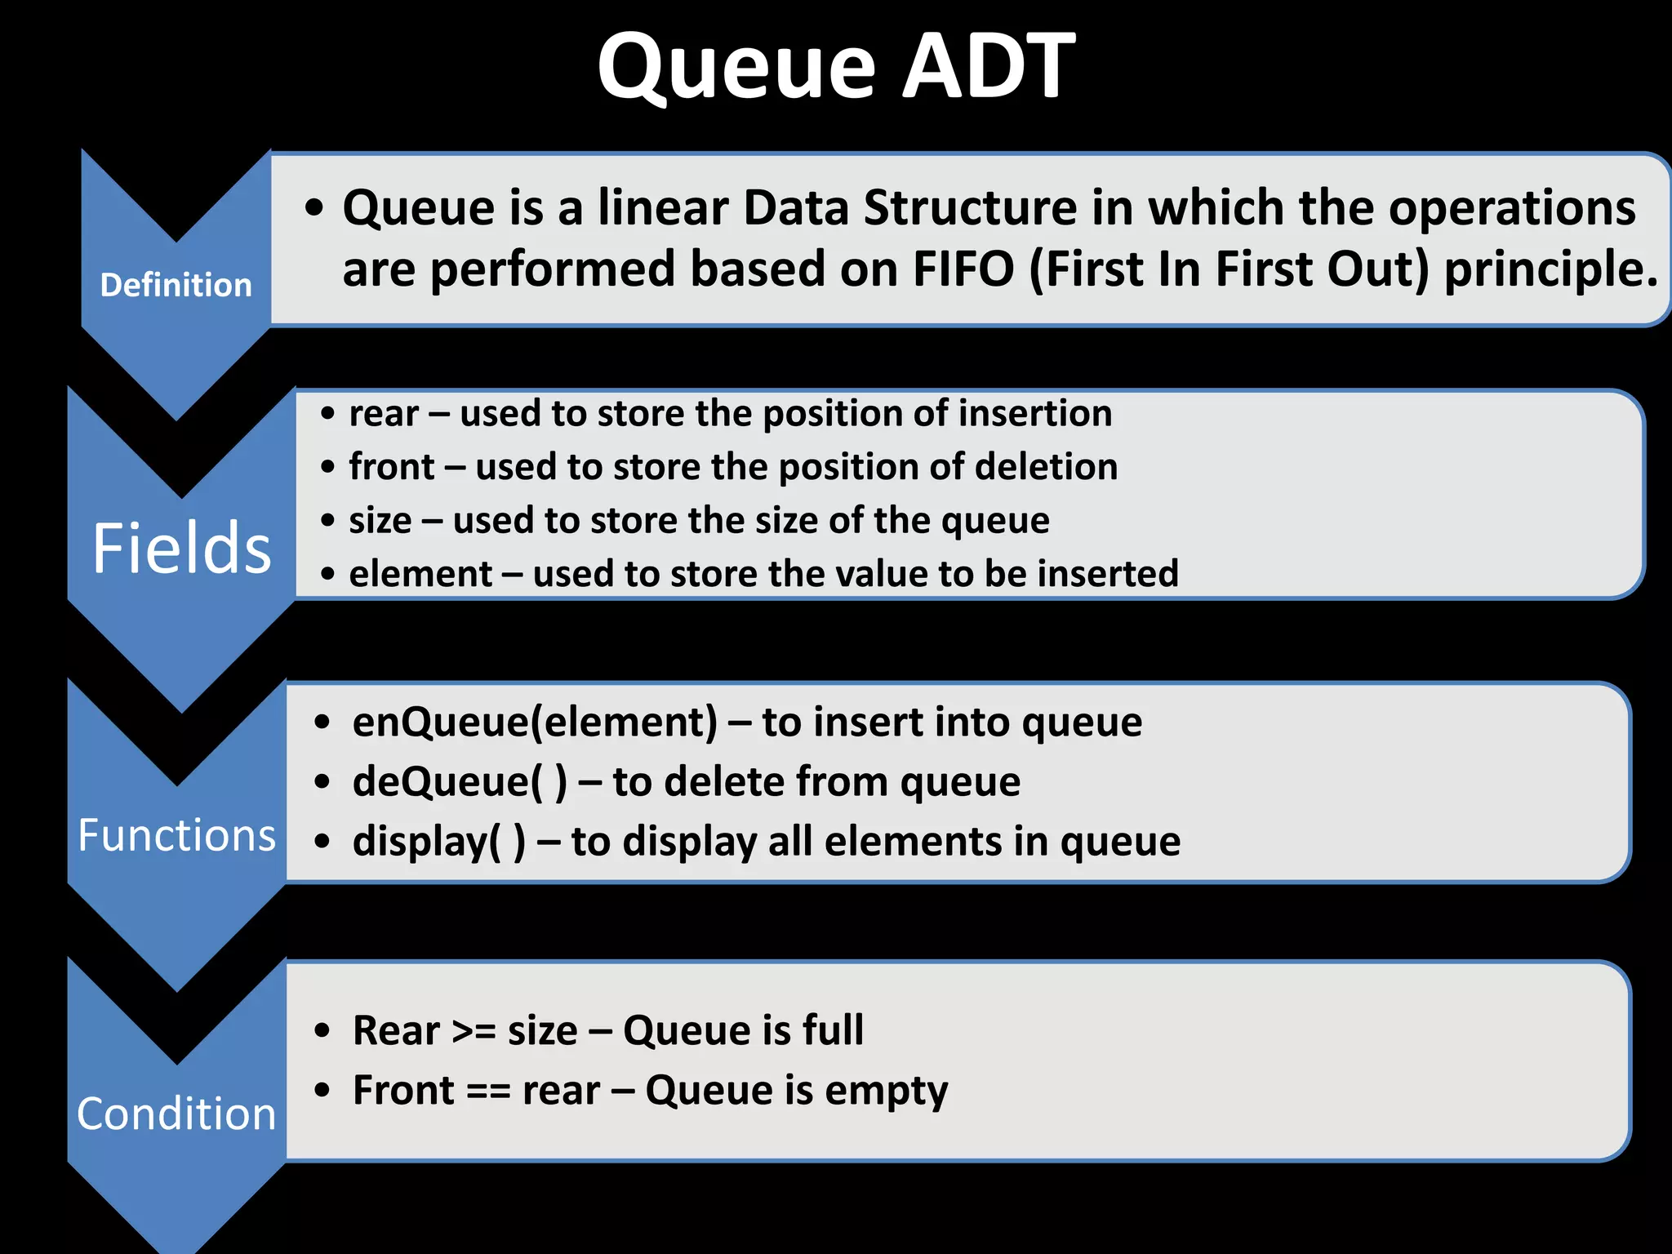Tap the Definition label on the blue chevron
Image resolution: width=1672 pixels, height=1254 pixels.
pos(176,285)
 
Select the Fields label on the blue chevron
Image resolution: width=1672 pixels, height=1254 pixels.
pos(181,549)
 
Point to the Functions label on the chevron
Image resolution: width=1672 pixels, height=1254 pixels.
pos(176,835)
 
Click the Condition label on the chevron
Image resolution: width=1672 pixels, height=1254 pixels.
pos(176,1114)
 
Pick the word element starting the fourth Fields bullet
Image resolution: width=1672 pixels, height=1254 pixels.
pos(420,574)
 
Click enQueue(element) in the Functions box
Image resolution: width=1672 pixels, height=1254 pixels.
pos(535,723)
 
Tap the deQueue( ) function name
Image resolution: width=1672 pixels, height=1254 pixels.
pos(460,782)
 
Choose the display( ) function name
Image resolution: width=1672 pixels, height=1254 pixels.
pos(439,843)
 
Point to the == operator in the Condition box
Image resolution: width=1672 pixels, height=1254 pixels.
pos(488,1092)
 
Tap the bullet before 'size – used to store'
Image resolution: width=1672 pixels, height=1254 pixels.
pos(327,521)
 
